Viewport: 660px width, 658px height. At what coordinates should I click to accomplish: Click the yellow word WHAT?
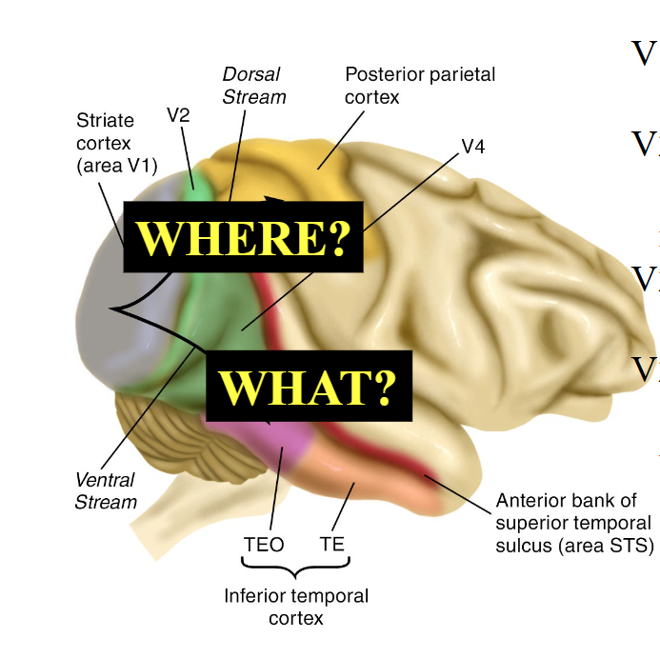coord(309,387)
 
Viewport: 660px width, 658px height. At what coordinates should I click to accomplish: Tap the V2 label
coord(178,115)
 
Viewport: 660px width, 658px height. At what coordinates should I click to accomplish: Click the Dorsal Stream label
coord(253,86)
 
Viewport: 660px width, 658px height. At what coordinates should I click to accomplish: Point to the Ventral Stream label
coord(106,490)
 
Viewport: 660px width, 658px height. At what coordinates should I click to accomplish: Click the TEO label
coord(264,546)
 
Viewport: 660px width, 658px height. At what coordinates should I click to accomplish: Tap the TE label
coord(332,546)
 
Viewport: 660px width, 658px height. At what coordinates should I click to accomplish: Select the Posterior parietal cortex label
coord(419,85)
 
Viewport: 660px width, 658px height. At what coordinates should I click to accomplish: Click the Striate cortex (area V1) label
coord(116,143)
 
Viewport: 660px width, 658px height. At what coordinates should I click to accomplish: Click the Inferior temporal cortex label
coord(295,607)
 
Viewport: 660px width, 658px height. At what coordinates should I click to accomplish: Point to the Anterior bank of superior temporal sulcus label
coord(573,523)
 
